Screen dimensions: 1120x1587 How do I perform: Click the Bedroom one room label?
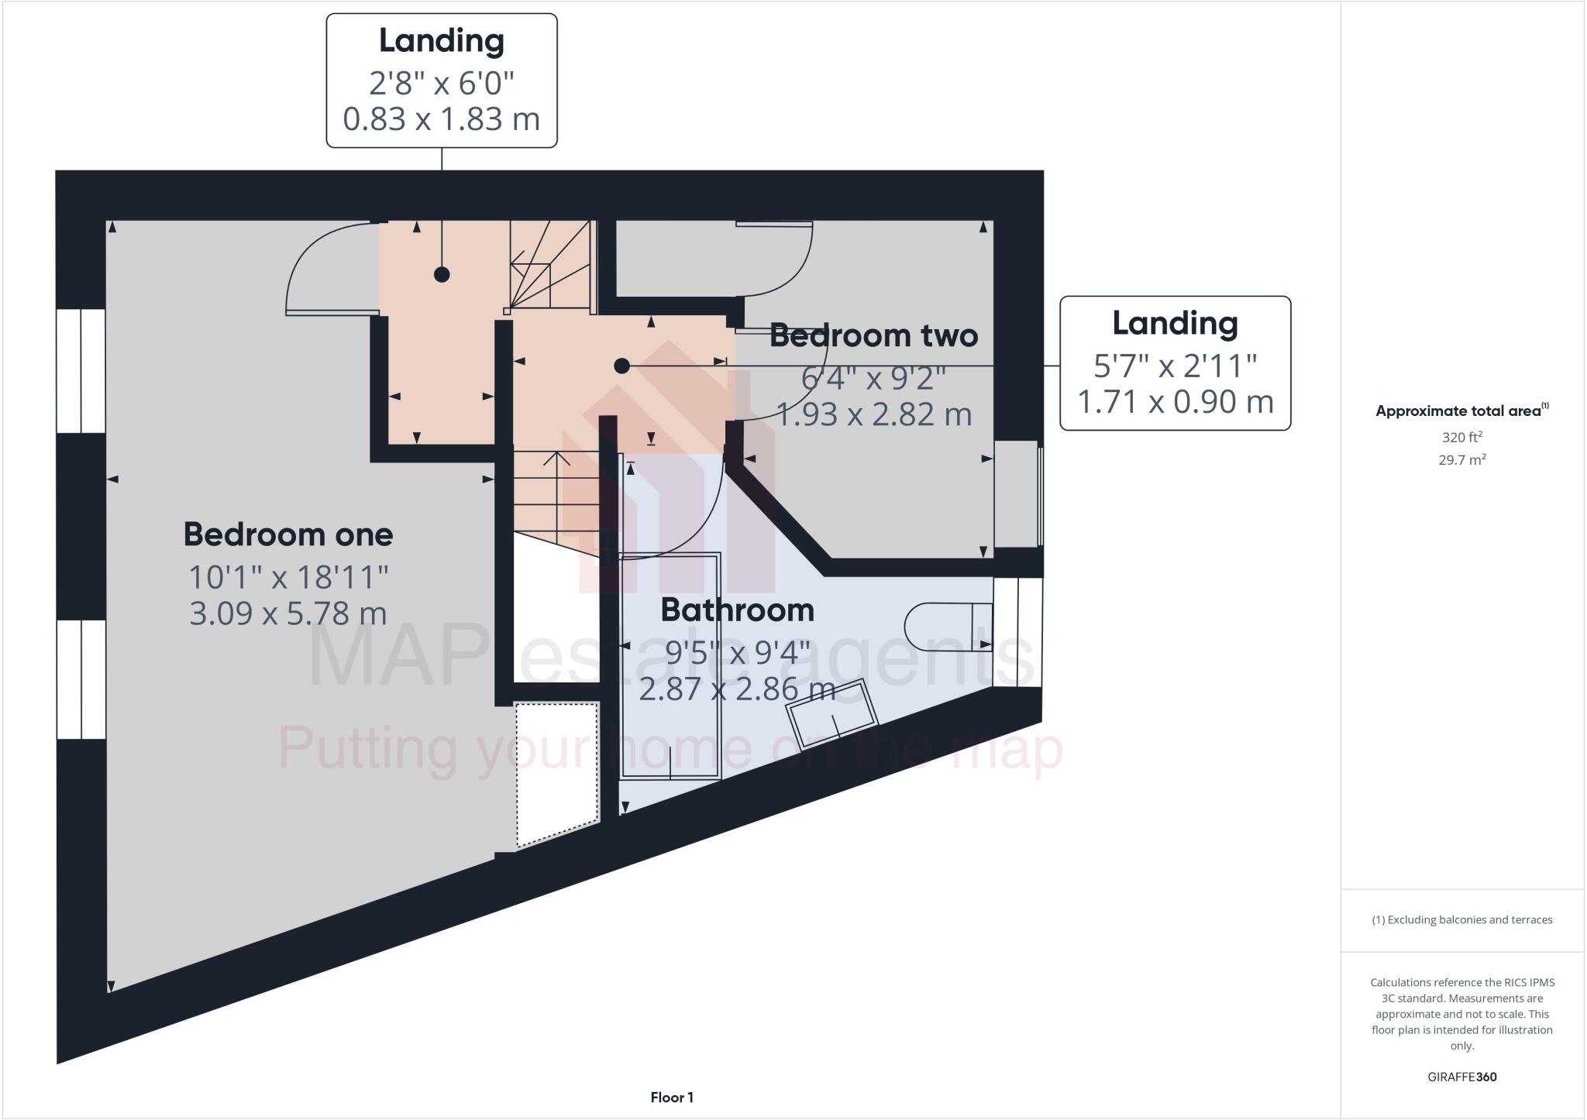287,534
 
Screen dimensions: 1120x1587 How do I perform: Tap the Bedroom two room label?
873,335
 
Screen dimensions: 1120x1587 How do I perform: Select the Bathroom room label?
737,610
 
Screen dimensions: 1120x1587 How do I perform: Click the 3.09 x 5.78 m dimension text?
287,613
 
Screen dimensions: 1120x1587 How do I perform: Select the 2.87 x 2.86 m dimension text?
737,689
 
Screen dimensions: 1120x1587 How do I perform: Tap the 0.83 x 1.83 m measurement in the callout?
441,119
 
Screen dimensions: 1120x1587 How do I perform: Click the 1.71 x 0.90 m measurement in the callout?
1175,401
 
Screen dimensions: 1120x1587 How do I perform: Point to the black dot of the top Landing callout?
442,274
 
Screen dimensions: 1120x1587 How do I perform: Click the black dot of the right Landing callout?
621,366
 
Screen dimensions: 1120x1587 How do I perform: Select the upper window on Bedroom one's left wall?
81,370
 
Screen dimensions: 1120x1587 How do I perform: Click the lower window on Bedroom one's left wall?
81,679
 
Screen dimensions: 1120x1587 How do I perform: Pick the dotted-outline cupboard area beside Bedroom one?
557,771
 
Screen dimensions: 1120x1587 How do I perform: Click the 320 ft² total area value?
1461,437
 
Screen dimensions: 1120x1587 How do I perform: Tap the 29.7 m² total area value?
1461,460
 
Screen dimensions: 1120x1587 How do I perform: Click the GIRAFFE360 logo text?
1461,1077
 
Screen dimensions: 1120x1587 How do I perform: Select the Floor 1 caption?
672,1098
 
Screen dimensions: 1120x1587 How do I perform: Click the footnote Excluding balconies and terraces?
1461,920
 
